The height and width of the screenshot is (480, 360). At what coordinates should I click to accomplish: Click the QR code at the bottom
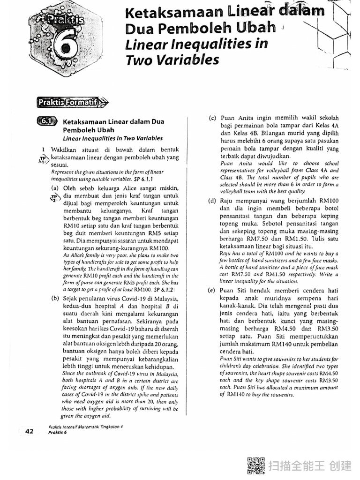pos(255,466)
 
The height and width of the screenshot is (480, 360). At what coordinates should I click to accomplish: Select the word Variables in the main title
pos(187,60)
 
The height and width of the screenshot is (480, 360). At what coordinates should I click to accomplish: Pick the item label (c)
pos(212,118)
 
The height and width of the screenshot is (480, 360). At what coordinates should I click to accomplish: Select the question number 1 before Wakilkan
pos(42,149)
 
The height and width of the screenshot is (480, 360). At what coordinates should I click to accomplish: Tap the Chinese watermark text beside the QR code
pos(310,466)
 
